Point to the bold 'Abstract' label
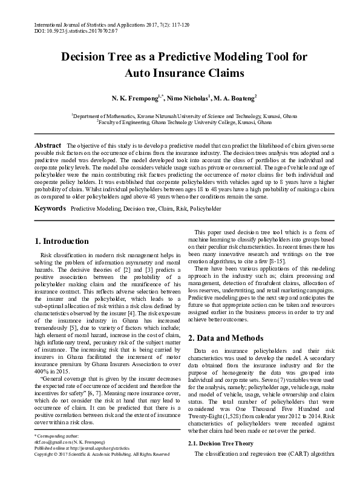(x=48, y=146)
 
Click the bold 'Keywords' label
(x=50, y=191)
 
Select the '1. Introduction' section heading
(x=65, y=224)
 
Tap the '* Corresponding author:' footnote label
(x=56, y=452)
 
